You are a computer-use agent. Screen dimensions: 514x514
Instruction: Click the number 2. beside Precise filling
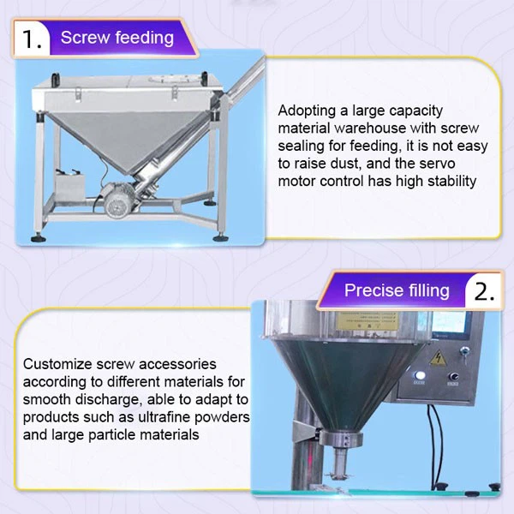point(484,290)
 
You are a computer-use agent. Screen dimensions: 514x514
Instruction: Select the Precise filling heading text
point(397,290)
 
